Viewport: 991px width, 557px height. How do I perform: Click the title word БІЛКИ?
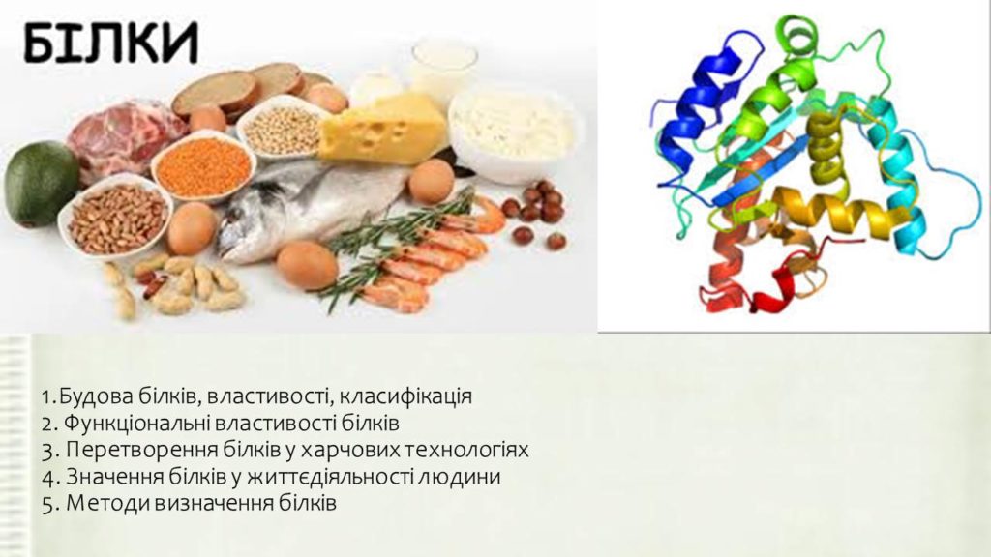coord(110,43)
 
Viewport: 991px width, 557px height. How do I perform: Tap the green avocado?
coord(42,183)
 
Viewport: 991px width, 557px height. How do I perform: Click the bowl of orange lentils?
coord(203,166)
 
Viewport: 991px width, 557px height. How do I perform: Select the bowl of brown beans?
coord(117,218)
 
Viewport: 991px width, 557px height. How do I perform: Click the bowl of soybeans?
coord(283,130)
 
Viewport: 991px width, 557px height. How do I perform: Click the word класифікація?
coord(405,397)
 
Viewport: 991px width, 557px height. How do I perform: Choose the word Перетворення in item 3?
coord(141,451)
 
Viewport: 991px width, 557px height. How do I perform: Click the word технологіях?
coord(466,451)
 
